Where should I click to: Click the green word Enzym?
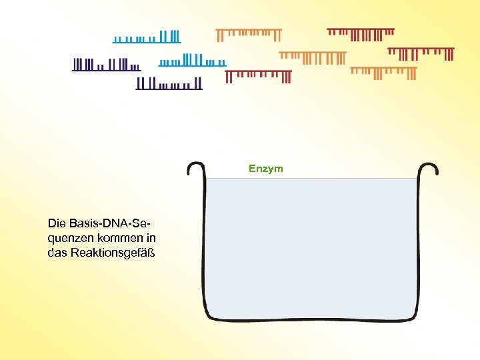pyautogui.click(x=265, y=169)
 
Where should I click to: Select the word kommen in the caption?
pyautogui.click(x=109, y=237)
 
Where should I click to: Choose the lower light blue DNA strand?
pyautogui.click(x=192, y=61)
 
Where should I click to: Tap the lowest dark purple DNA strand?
pyautogui.click(x=169, y=83)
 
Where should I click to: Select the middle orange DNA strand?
pyautogui.click(x=312, y=57)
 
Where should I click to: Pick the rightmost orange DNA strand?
pyautogui.click(x=383, y=72)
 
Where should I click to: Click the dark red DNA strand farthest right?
pyautogui.click(x=421, y=53)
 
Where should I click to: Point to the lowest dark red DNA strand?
pyautogui.click(x=258, y=76)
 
